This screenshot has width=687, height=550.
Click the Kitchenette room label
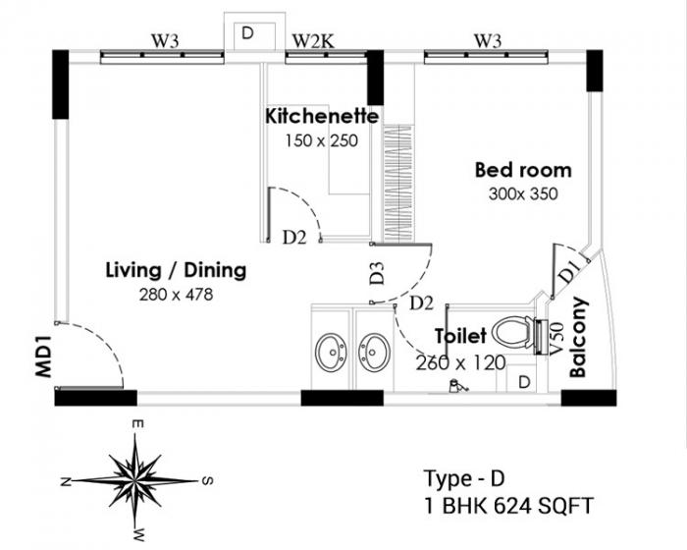(322, 116)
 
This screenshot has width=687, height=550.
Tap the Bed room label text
(522, 170)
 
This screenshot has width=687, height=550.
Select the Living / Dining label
(176, 270)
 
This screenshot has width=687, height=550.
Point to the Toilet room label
(461, 337)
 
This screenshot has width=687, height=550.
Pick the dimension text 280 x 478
(176, 294)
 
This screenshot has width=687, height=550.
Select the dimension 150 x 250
(322, 139)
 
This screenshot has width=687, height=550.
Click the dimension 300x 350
(522, 193)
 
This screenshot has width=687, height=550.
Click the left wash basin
(331, 350)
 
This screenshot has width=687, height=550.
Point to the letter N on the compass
(64, 481)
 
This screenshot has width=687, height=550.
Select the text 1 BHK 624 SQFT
(508, 508)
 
